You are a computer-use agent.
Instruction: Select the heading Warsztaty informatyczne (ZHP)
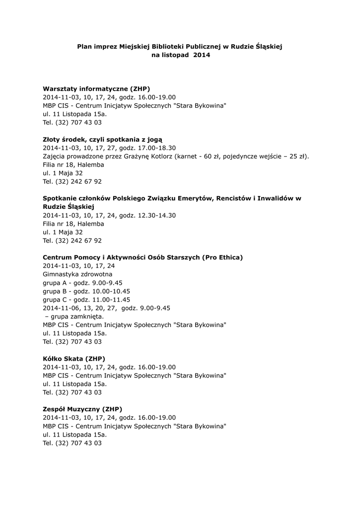pos(96,89)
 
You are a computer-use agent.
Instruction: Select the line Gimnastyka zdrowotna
pos(77,274)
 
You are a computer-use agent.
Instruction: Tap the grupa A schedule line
pos(82,283)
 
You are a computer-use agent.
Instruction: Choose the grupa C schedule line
pos(86,300)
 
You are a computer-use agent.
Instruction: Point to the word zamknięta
pos(87,317)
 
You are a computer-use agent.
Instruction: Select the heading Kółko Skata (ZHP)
pos(74,359)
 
